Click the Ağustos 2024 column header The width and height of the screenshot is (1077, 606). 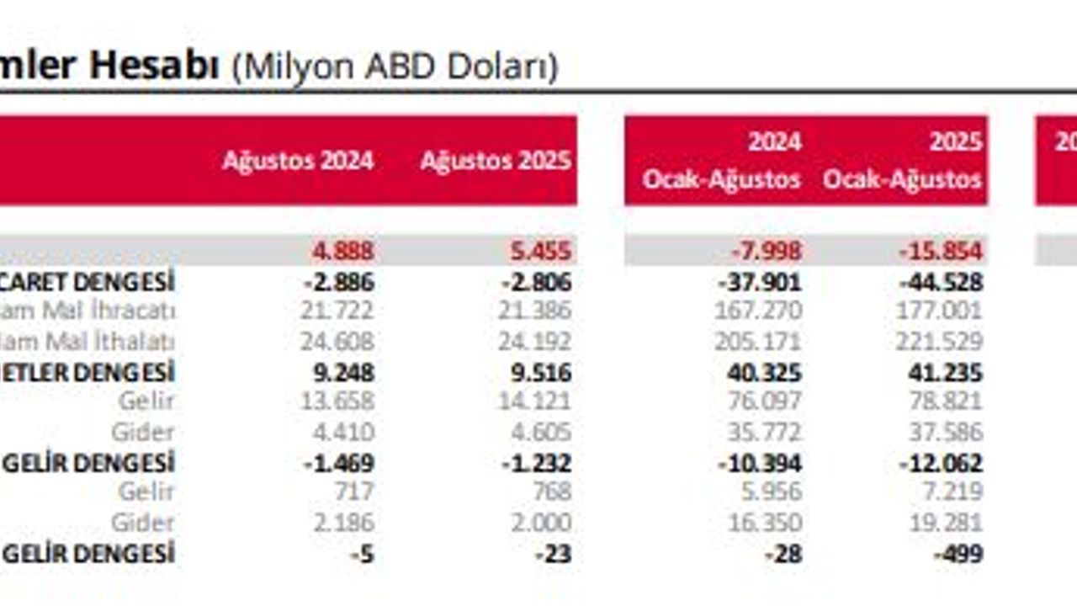point(298,161)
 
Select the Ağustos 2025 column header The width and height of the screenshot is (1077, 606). point(496,161)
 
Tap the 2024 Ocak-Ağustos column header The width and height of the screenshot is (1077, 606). point(722,160)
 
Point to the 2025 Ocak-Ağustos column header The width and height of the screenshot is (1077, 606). point(903,160)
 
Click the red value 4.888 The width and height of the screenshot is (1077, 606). point(343,251)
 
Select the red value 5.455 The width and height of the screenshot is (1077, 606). point(541,251)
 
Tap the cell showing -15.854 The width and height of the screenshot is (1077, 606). point(939,251)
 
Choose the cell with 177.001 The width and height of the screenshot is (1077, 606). point(939,311)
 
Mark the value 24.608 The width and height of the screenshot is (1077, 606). point(337,342)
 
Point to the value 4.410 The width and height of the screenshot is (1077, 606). point(343,433)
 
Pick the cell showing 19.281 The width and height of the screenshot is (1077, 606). point(945,523)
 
